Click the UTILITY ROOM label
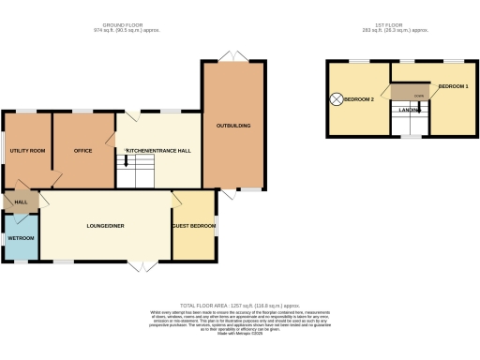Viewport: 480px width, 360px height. click(28, 150)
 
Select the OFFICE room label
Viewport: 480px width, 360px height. click(82, 150)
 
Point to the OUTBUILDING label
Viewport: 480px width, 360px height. click(233, 125)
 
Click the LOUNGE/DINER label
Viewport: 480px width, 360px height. click(106, 226)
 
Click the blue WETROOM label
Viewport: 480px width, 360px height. click(21, 238)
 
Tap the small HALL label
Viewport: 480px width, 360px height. click(20, 201)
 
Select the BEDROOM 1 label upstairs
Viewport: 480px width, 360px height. click(455, 85)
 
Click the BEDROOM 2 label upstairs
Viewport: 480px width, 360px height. click(359, 98)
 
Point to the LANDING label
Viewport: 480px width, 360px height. click(410, 110)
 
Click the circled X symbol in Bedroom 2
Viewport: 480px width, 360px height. click(336, 98)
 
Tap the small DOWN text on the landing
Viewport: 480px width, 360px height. click(418, 96)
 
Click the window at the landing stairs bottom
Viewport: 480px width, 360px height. click(410, 137)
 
